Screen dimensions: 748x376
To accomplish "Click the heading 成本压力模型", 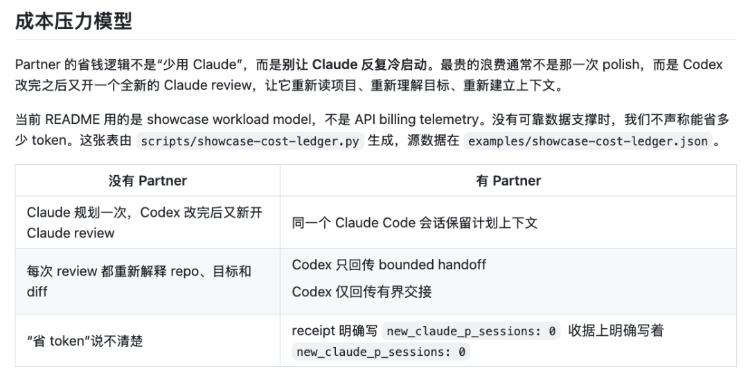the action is coord(73,21).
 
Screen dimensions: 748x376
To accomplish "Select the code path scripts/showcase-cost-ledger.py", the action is coord(250,141).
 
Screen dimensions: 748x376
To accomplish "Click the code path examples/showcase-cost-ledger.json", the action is coord(588,141).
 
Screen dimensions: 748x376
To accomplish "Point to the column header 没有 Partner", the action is coord(148,181).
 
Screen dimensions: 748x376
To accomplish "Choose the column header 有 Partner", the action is coord(508,181).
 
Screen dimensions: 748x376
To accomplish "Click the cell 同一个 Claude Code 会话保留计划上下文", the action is coord(415,223).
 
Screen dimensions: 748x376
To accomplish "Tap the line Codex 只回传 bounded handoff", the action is coord(389,265).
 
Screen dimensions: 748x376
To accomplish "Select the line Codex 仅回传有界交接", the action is coord(362,292).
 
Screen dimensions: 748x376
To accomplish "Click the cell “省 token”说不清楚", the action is coord(85,341).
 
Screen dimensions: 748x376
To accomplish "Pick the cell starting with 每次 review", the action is coord(139,282).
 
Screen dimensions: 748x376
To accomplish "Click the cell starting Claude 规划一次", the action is coord(145,223).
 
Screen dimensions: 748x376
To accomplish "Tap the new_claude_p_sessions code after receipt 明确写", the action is coord(472,331).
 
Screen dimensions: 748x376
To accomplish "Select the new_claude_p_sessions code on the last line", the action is coord(381,352).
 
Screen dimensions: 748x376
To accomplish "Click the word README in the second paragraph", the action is coord(72,119).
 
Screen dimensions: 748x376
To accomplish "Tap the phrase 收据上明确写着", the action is coord(616,331).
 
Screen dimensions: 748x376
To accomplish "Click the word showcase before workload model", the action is coord(177,119).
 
